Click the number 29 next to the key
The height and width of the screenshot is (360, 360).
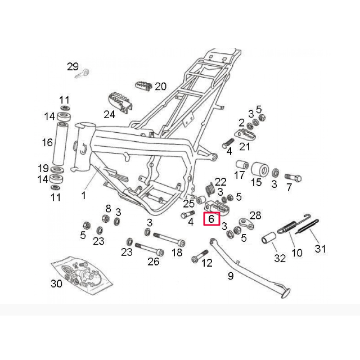(73, 66)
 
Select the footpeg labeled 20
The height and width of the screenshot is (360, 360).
(143, 86)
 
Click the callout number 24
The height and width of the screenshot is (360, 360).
(109, 114)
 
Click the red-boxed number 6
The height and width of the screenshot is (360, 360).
(211, 219)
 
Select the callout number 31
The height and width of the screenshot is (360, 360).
(320, 248)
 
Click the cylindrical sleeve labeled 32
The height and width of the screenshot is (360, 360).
(267, 238)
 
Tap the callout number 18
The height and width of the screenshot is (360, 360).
(177, 253)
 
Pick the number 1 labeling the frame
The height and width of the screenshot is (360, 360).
(83, 196)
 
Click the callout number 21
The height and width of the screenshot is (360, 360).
(245, 147)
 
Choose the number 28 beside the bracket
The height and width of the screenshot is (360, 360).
(255, 215)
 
